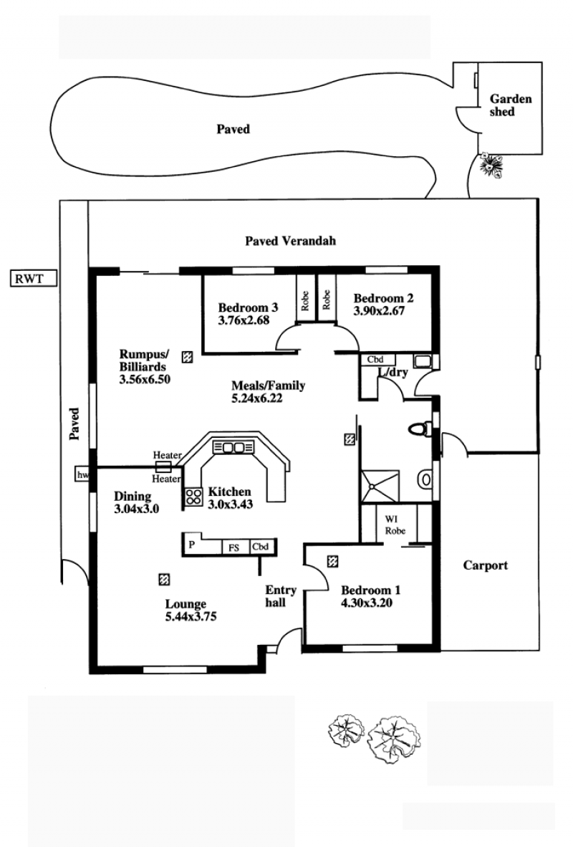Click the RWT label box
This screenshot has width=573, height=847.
[x=34, y=279]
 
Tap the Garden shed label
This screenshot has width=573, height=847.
[x=511, y=105]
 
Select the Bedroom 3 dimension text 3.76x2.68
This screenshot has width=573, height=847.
[x=244, y=320]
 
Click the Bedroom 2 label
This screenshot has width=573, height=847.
[x=383, y=298]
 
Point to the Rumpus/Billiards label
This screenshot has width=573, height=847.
[x=144, y=360]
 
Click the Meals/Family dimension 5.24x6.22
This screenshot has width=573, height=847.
[x=257, y=398]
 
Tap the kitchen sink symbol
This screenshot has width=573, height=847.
[x=233, y=447]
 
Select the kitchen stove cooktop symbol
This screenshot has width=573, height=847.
[x=194, y=497]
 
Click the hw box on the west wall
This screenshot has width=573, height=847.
[x=82, y=475]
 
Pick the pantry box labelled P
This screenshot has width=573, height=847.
[x=192, y=545]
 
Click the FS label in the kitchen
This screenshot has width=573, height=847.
[x=233, y=547]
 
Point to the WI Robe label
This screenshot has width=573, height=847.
[x=395, y=525]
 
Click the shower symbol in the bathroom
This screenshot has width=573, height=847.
[x=380, y=487]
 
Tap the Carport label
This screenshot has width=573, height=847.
[x=486, y=565]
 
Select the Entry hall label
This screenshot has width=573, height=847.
[x=280, y=595]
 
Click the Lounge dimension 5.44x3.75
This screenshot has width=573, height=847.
[x=191, y=616]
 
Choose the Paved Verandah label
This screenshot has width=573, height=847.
[x=291, y=241]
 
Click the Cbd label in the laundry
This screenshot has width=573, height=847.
[x=375, y=360]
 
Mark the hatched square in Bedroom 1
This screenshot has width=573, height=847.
[x=332, y=562]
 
